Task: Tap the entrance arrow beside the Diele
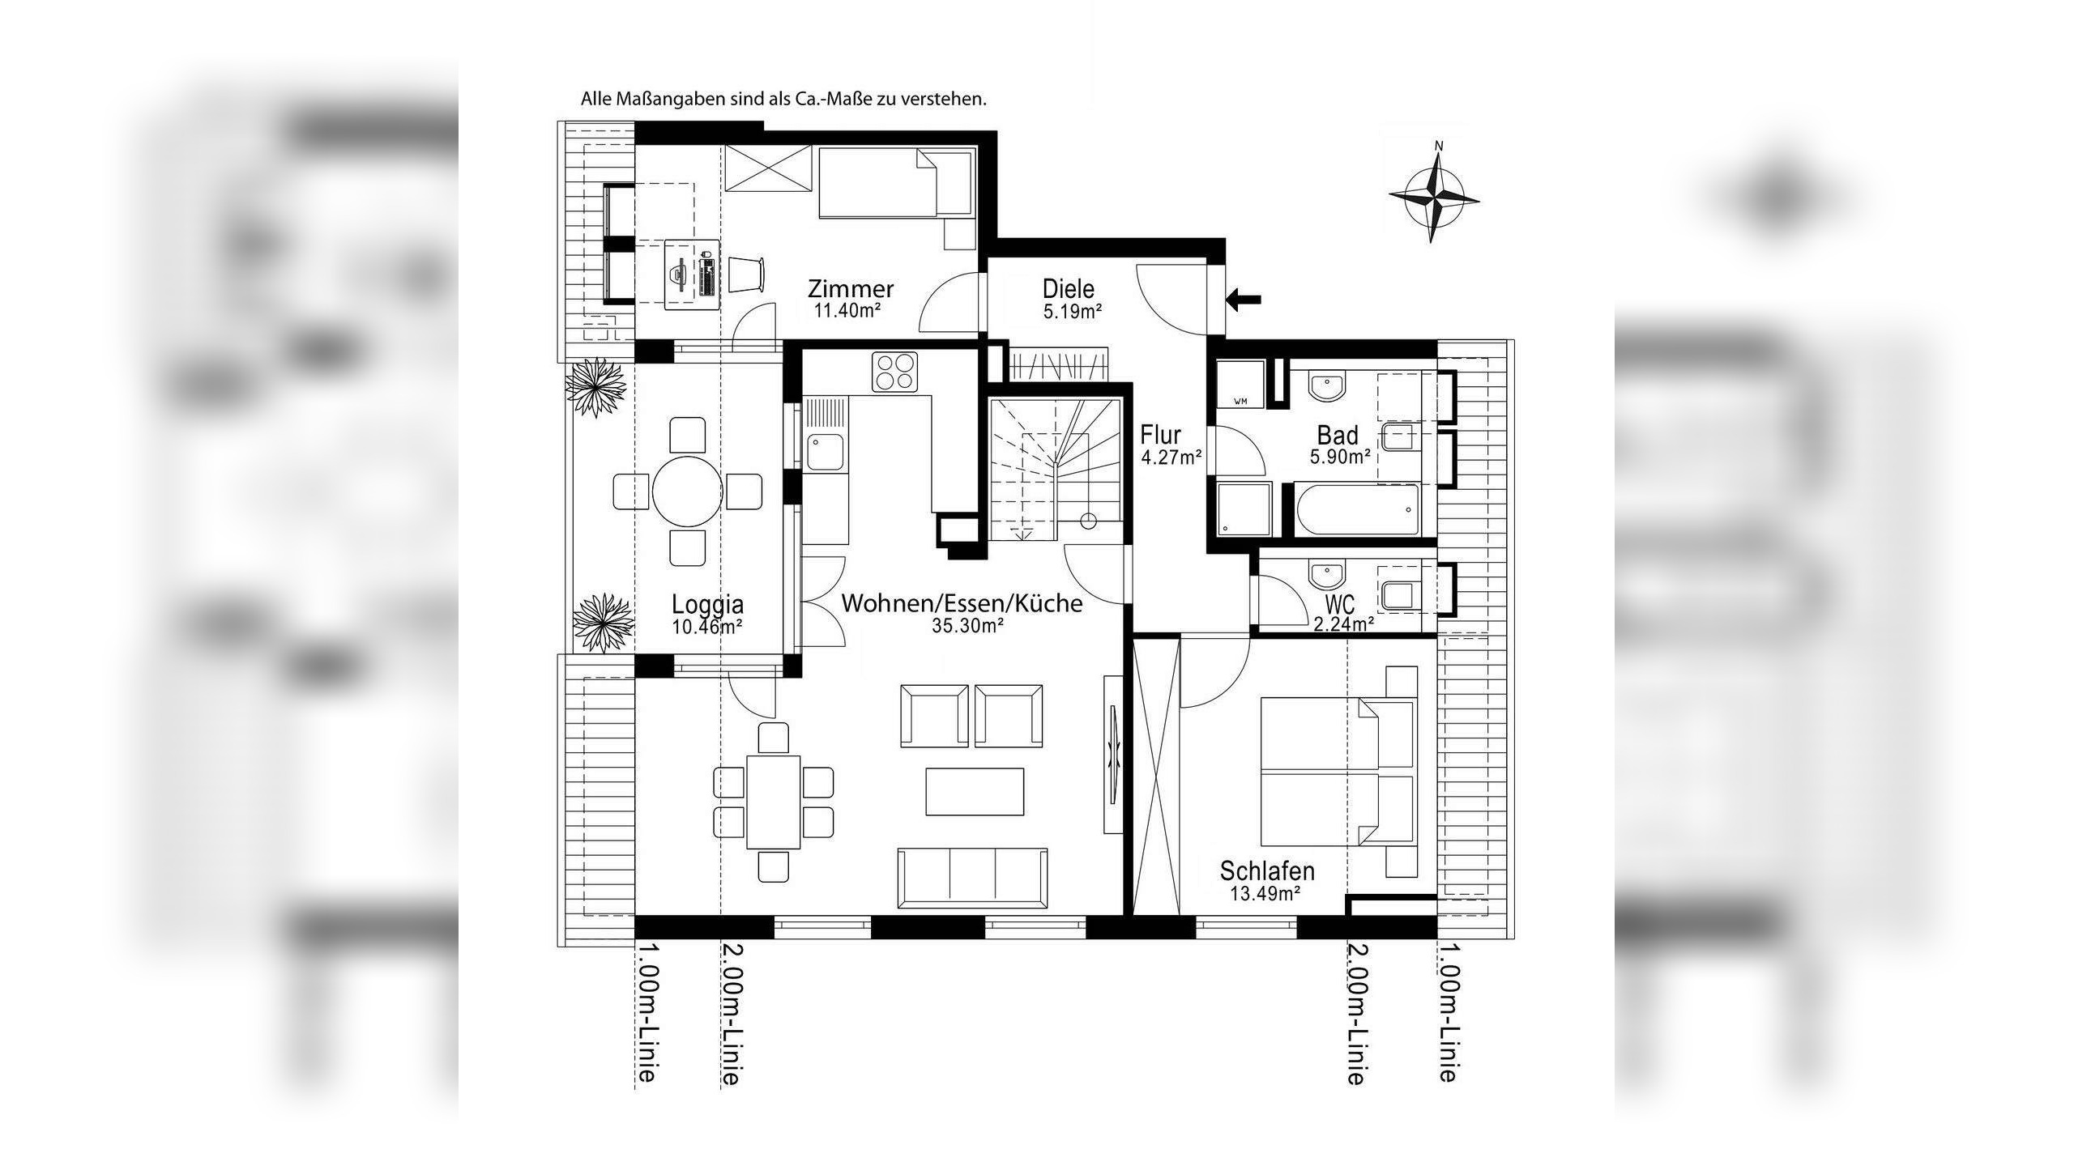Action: pyautogui.click(x=1244, y=300)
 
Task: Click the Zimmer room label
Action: pyautogui.click(x=851, y=288)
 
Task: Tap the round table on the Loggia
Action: pyautogui.click(x=687, y=491)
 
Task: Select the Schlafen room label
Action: pyautogui.click(x=1267, y=871)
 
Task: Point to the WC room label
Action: pyautogui.click(x=1340, y=604)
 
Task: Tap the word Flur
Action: pyautogui.click(x=1160, y=435)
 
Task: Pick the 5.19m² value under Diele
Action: pyautogui.click(x=1072, y=311)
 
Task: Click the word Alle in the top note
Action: pyautogui.click(x=595, y=100)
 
